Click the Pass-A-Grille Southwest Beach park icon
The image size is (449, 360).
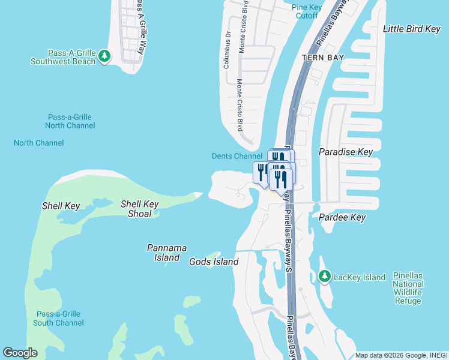coord(105,56)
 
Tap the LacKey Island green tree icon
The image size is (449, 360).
coord(325,277)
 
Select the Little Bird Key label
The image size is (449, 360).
coord(412,29)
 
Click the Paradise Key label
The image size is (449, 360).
coord(346,152)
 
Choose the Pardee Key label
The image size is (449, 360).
coord(342,217)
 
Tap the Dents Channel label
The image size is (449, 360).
coord(237,156)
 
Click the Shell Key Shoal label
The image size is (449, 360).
coord(139,209)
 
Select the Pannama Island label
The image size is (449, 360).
coord(167,252)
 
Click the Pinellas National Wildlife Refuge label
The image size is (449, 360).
coord(408,288)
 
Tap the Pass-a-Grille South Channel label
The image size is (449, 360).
coord(58,318)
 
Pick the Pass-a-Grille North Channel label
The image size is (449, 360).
coord(70,121)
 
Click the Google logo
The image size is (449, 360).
coord(20,353)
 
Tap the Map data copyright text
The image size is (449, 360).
coord(400,355)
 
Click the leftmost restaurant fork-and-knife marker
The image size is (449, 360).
coord(262,173)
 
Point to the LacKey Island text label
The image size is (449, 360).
coord(360,277)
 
